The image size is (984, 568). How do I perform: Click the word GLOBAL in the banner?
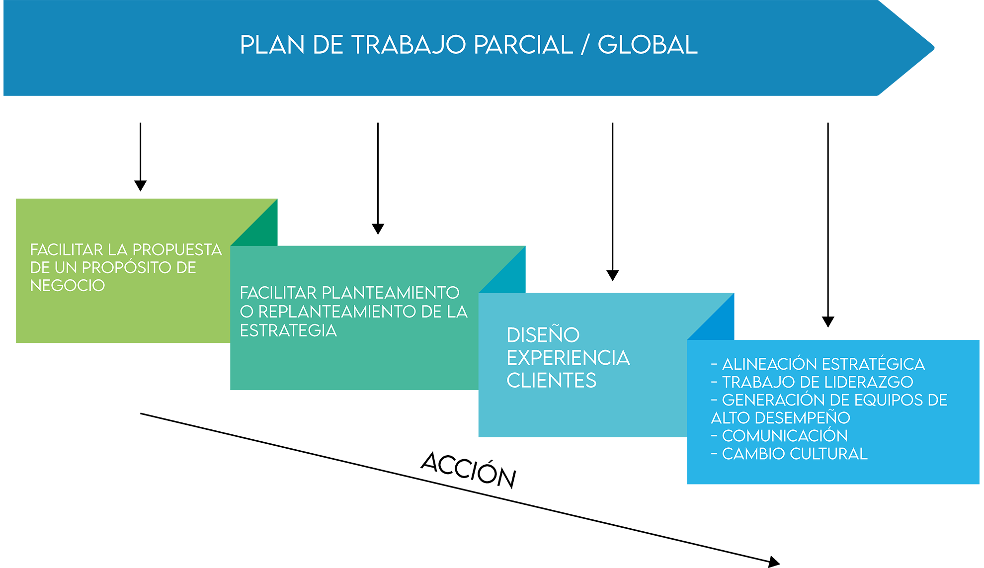(x=648, y=45)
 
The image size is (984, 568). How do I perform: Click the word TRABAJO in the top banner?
(x=409, y=45)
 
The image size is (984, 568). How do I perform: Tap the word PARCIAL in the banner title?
(x=523, y=45)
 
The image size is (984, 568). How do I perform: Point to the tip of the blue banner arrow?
(x=934, y=48)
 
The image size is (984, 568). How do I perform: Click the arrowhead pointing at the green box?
(x=141, y=186)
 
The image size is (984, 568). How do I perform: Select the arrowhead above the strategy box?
(x=378, y=229)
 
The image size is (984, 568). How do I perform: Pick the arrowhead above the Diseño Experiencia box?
(x=613, y=276)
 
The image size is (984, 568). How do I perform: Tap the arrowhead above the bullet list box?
(x=828, y=322)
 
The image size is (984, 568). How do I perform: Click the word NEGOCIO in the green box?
(x=68, y=286)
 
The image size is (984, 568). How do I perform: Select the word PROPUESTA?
(x=177, y=249)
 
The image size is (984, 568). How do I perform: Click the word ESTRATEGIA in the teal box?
(x=288, y=330)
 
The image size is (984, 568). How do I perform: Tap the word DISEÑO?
(x=543, y=334)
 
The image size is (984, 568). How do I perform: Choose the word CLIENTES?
(x=552, y=381)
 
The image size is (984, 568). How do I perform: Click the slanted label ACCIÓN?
(x=469, y=470)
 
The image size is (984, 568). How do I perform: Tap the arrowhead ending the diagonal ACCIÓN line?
(x=774, y=562)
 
